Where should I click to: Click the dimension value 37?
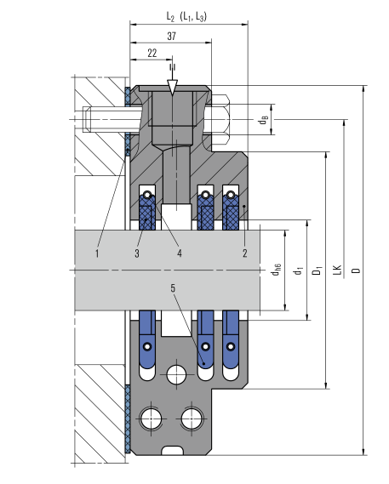point(172,36)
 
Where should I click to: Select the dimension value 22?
point(152,53)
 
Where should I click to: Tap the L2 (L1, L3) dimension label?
point(186,16)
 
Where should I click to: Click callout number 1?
point(97,253)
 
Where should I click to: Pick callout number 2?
point(244,253)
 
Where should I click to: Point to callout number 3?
point(137,253)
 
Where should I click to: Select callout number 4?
point(180,253)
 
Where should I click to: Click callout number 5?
point(173,288)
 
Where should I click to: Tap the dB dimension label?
point(263,120)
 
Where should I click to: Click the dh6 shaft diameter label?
point(276,270)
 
